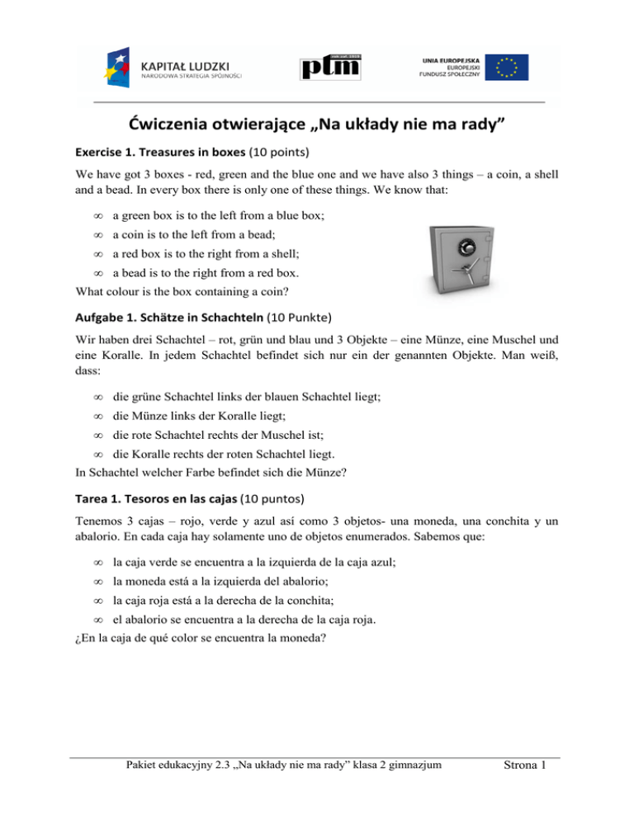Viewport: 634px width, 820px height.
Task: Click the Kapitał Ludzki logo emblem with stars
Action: [x=116, y=64]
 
